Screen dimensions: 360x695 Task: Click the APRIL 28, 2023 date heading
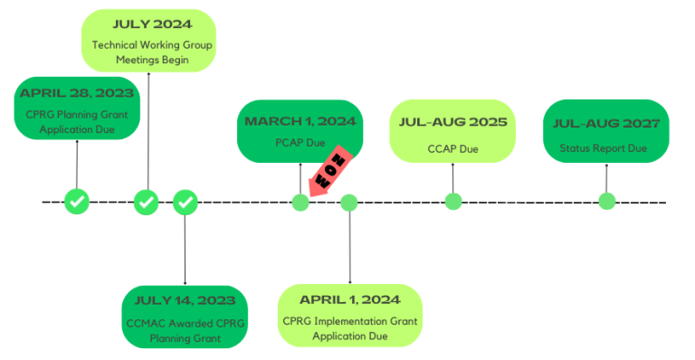point(77,93)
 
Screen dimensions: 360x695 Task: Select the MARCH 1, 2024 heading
point(300,121)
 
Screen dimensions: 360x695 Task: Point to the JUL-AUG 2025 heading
point(452,122)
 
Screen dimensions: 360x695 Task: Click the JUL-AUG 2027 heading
point(605,123)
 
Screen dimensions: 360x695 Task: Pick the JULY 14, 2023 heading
point(186,300)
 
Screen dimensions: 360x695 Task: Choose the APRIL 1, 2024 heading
point(350,298)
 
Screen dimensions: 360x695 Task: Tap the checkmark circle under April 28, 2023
point(77,202)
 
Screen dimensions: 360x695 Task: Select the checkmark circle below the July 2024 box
point(147,202)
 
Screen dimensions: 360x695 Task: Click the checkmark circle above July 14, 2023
point(186,202)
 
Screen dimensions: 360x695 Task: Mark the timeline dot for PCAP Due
point(300,202)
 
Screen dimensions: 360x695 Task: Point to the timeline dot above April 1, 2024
point(349,202)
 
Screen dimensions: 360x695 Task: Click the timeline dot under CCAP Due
point(453,202)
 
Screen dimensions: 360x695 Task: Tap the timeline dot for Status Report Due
point(606,201)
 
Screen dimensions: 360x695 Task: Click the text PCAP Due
point(300,142)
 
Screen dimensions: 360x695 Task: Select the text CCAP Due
point(452,148)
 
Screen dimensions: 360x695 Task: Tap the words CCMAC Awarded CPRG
point(186,323)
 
